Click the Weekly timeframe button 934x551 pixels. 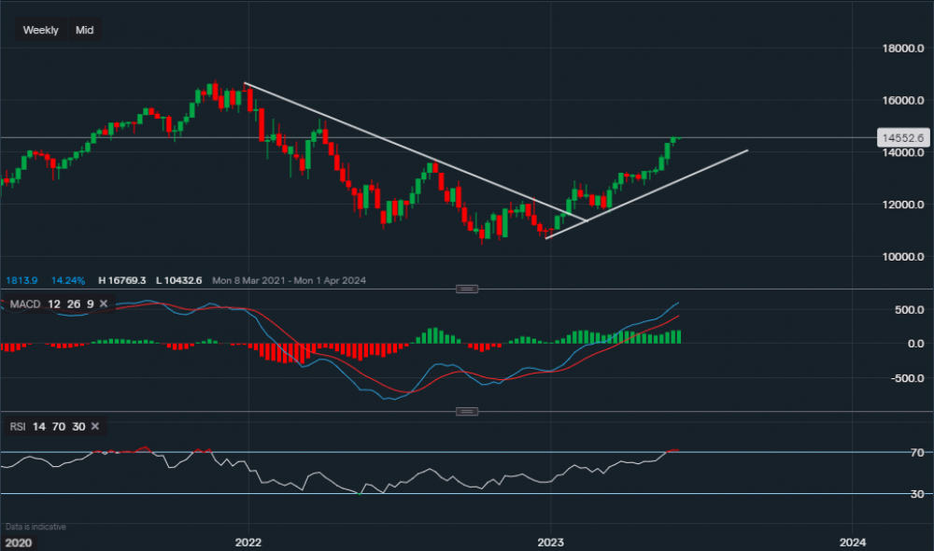[x=40, y=30]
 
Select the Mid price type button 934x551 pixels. [x=85, y=30]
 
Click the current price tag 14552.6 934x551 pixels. [x=902, y=137]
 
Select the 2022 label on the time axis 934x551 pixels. [x=248, y=542]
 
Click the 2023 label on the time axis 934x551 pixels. [x=550, y=542]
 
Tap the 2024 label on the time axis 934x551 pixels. [x=852, y=542]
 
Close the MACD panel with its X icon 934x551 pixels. [x=104, y=304]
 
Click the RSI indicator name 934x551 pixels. [x=18, y=427]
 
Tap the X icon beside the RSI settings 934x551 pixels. [x=95, y=427]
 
